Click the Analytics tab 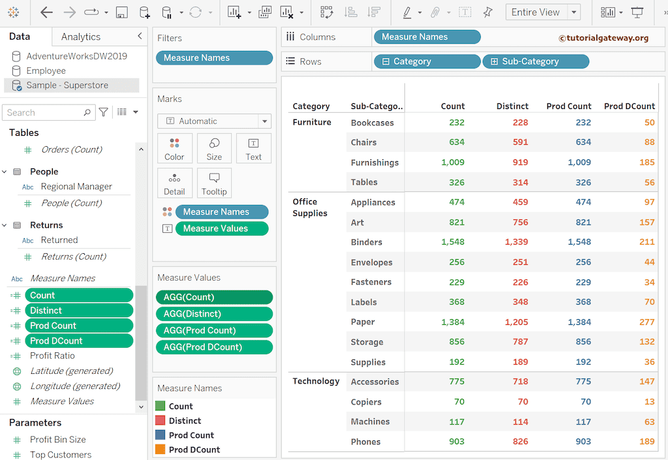(x=80, y=37)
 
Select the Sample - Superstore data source (x=67, y=85)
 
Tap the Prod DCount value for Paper (x=646, y=322)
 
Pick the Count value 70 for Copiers (x=459, y=402)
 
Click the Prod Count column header (x=568, y=106)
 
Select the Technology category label (x=316, y=381)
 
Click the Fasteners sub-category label (x=371, y=282)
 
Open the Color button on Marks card (x=174, y=148)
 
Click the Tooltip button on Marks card (x=214, y=183)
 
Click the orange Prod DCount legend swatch (x=160, y=450)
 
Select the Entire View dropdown (x=543, y=12)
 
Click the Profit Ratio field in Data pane (x=52, y=356)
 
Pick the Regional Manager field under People (x=76, y=187)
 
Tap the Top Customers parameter (x=61, y=455)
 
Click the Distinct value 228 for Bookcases (x=520, y=122)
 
